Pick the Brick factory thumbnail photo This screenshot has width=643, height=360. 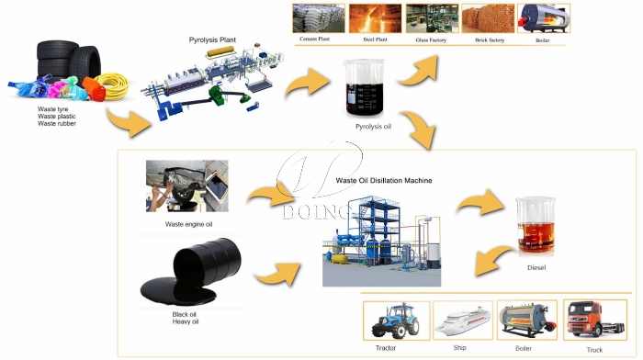click(487, 18)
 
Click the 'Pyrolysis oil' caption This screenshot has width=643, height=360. click(374, 128)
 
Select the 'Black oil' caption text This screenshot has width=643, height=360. click(186, 314)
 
